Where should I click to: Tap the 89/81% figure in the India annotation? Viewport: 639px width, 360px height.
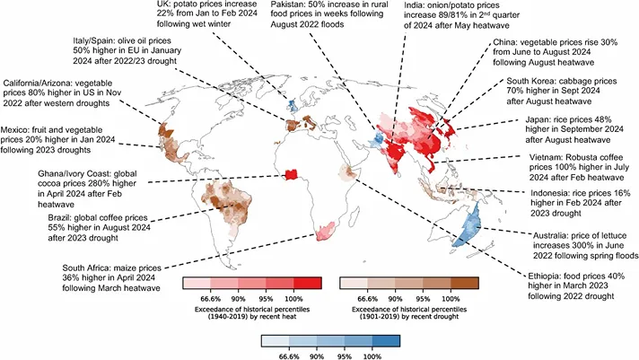[428, 17]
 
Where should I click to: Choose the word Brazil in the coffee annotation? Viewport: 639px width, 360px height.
[62, 216]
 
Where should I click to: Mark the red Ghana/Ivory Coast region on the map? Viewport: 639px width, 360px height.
[291, 175]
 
